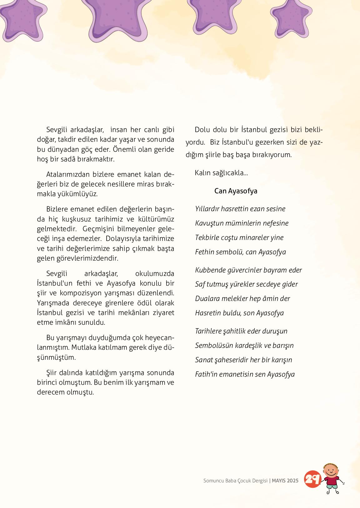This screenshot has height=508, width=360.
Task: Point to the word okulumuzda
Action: click(155, 274)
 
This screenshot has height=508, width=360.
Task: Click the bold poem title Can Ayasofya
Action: click(236, 191)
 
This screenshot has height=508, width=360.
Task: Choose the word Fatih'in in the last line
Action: click(206, 374)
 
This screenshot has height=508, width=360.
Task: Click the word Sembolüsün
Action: click(212, 345)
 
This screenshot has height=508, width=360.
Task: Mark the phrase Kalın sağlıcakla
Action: click(221, 173)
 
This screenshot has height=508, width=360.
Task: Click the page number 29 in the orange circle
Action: click(312, 479)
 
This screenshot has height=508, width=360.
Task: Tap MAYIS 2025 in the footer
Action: click(285, 480)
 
